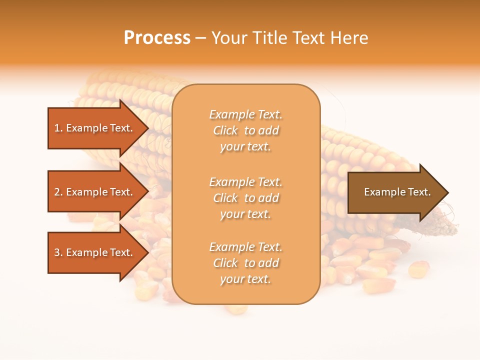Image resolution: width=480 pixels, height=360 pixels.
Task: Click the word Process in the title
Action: pos(157,38)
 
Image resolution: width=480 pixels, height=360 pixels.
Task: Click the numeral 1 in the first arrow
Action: pos(57,128)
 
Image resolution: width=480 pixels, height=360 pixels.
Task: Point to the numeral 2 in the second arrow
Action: pos(57,192)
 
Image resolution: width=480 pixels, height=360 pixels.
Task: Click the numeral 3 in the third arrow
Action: pos(57,252)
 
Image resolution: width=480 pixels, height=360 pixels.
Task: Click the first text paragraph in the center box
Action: pos(245,130)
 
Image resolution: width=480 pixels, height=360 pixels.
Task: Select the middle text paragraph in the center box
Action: pos(245,198)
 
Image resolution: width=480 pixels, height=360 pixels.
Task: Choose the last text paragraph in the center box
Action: pos(245,263)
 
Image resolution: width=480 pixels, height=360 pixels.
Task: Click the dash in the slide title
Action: pos(201,38)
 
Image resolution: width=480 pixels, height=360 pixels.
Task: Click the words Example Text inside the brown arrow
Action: pos(397,192)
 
